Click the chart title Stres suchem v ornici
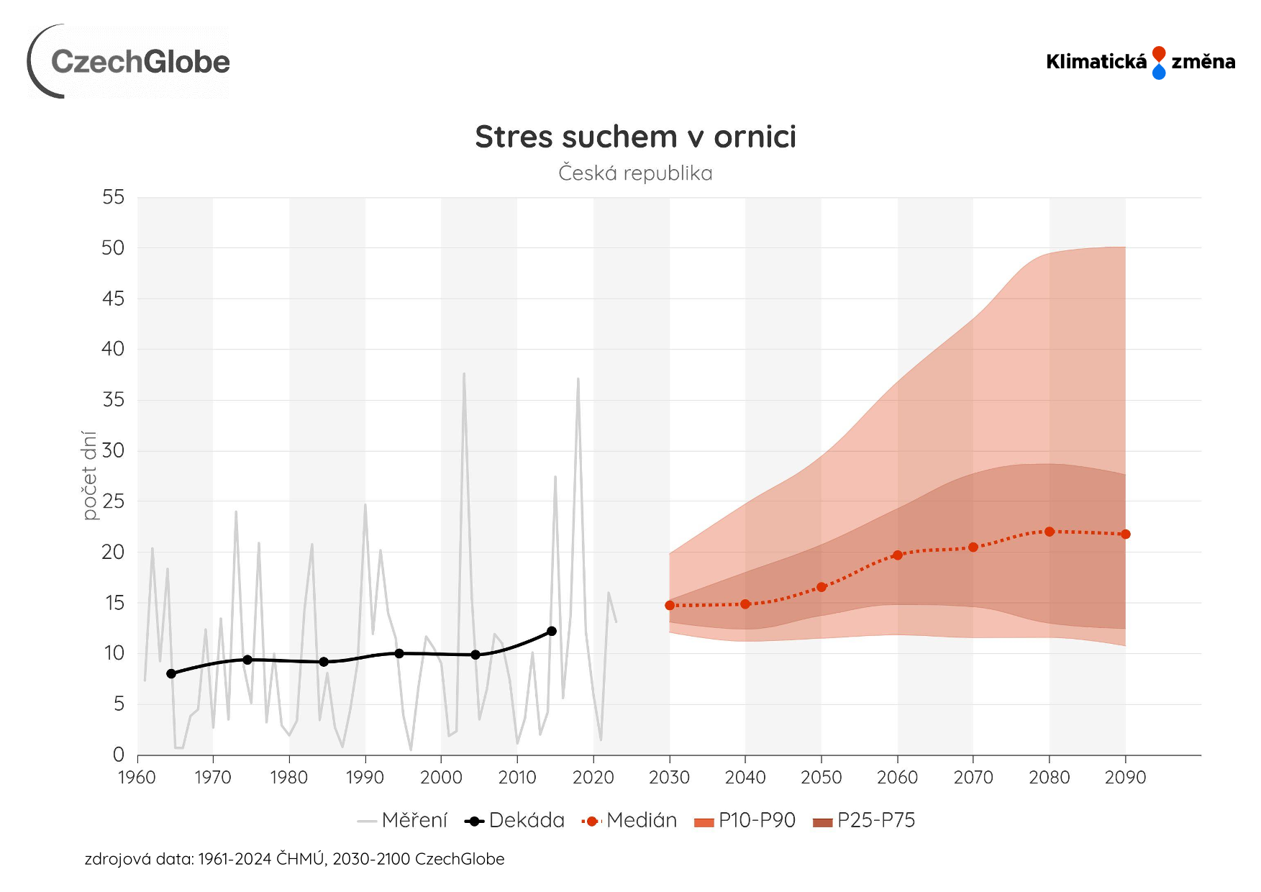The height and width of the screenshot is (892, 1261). pos(635,137)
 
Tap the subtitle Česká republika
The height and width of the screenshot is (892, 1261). pos(635,173)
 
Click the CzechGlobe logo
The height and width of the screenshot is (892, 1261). pos(129,62)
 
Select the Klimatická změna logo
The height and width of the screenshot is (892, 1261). pos(1140,63)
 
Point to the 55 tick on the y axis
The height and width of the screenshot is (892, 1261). pos(114,197)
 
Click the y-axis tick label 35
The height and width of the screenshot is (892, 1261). pos(114,400)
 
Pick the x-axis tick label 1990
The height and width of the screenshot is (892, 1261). pos(365,778)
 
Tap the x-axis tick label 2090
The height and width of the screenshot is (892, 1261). pos(1125,778)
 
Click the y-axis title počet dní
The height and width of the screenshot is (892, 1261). pos(89,475)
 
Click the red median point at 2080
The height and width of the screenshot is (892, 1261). pos(1050,532)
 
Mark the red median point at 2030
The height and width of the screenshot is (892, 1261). pos(670,606)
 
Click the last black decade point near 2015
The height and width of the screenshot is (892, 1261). pos(552,632)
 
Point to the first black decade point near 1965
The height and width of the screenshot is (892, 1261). pos(171,674)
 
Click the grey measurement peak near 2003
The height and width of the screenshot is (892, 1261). pos(464,373)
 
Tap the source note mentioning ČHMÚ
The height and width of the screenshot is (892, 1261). pos(294,859)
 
